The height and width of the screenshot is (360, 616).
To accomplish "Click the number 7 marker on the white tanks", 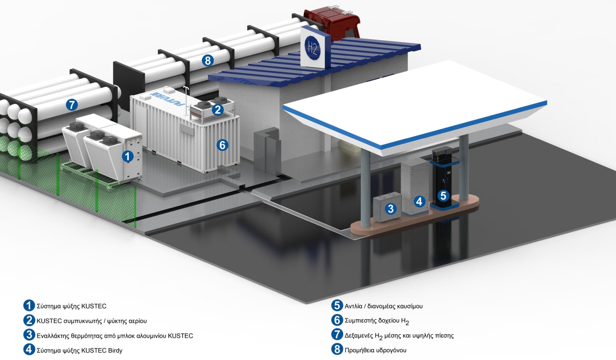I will coord(72,104).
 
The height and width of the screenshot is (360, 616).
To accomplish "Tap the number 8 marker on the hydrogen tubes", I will coord(208,60).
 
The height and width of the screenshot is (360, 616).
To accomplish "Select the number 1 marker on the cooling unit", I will coord(127,156).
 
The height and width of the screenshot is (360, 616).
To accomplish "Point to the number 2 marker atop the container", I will coord(218,109).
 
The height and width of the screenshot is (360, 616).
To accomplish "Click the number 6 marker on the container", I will coord(222,145).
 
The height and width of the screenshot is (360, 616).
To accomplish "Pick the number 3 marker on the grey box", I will coord(391,209).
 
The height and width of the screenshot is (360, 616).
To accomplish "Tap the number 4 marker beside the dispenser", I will coord(419,201).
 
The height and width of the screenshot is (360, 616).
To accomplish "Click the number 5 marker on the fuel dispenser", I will coord(444,196).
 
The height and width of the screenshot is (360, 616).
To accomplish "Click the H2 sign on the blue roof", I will coord(312,48).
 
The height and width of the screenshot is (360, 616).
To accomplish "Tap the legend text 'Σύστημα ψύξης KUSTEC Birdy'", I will coord(79,350).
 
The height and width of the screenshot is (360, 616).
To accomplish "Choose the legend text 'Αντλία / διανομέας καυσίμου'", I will coord(383,306).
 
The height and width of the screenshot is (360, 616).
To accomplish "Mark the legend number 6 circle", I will coord(337,320).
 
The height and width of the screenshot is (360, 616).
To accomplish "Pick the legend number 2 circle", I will coord(29,320).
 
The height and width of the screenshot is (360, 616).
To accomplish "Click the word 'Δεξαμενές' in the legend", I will coord(359,335).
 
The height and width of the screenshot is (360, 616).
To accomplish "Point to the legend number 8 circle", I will coord(337,349).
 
